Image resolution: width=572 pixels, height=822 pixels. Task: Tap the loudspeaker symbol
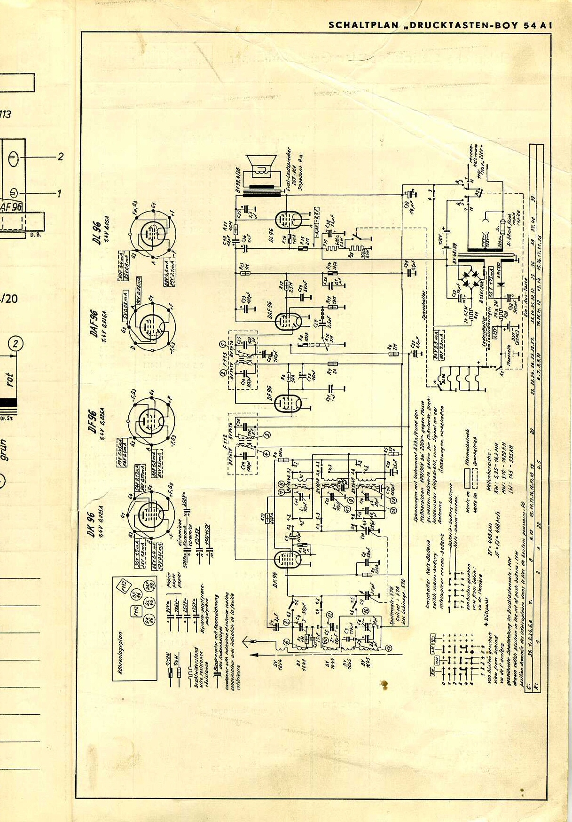coord(261,169)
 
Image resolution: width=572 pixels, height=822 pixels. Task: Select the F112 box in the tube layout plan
coord(135,611)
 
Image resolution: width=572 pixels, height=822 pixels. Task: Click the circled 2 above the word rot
coord(16,344)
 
